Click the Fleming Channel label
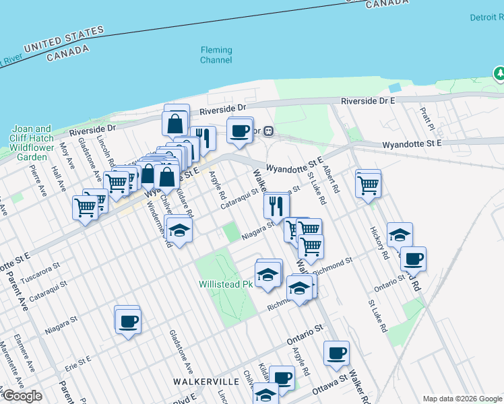[x=216, y=55]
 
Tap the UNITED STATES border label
[x=64, y=39]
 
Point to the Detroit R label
[x=485, y=18]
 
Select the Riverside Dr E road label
[x=367, y=100]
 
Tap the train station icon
[x=267, y=131]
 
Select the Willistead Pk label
[x=225, y=284]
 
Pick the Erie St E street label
[x=78, y=363]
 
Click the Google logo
[x=22, y=396]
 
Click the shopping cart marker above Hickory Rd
[x=369, y=182]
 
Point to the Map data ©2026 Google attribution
[x=462, y=399]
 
